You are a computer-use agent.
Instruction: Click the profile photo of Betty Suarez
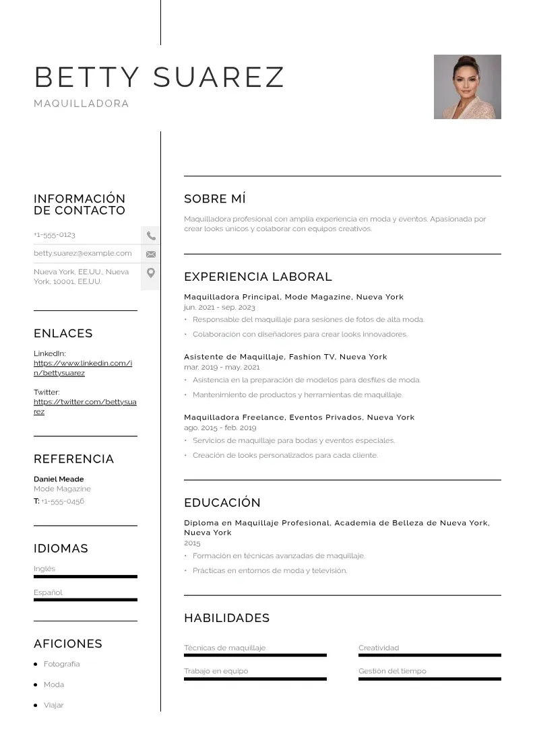pyautogui.click(x=467, y=87)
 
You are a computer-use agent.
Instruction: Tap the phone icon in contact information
pyautogui.click(x=151, y=236)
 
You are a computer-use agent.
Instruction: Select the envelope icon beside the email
pyautogui.click(x=151, y=254)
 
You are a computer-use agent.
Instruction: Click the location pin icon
pyautogui.click(x=151, y=273)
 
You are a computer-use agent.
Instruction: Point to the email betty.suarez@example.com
pyautogui.click(x=83, y=253)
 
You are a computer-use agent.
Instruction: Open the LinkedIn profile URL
pyautogui.click(x=83, y=368)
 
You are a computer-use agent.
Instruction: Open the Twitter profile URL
pyautogui.click(x=85, y=407)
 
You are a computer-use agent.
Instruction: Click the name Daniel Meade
pyautogui.click(x=59, y=479)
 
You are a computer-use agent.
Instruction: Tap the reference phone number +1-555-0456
pyautogui.click(x=63, y=502)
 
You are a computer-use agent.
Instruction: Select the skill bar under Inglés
pyautogui.click(x=86, y=577)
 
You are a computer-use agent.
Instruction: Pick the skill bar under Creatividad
pyautogui.click(x=429, y=655)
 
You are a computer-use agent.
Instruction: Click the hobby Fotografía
pyautogui.click(x=61, y=664)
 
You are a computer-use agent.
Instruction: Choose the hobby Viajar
pyautogui.click(x=53, y=705)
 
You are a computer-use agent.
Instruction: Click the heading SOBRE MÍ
pyautogui.click(x=215, y=199)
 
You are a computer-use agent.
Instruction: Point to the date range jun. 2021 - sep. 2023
pyautogui.click(x=220, y=307)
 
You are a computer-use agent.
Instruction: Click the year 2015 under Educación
pyautogui.click(x=192, y=543)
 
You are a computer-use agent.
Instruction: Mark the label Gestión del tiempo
pyautogui.click(x=392, y=671)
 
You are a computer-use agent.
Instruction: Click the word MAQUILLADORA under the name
pyautogui.click(x=82, y=104)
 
